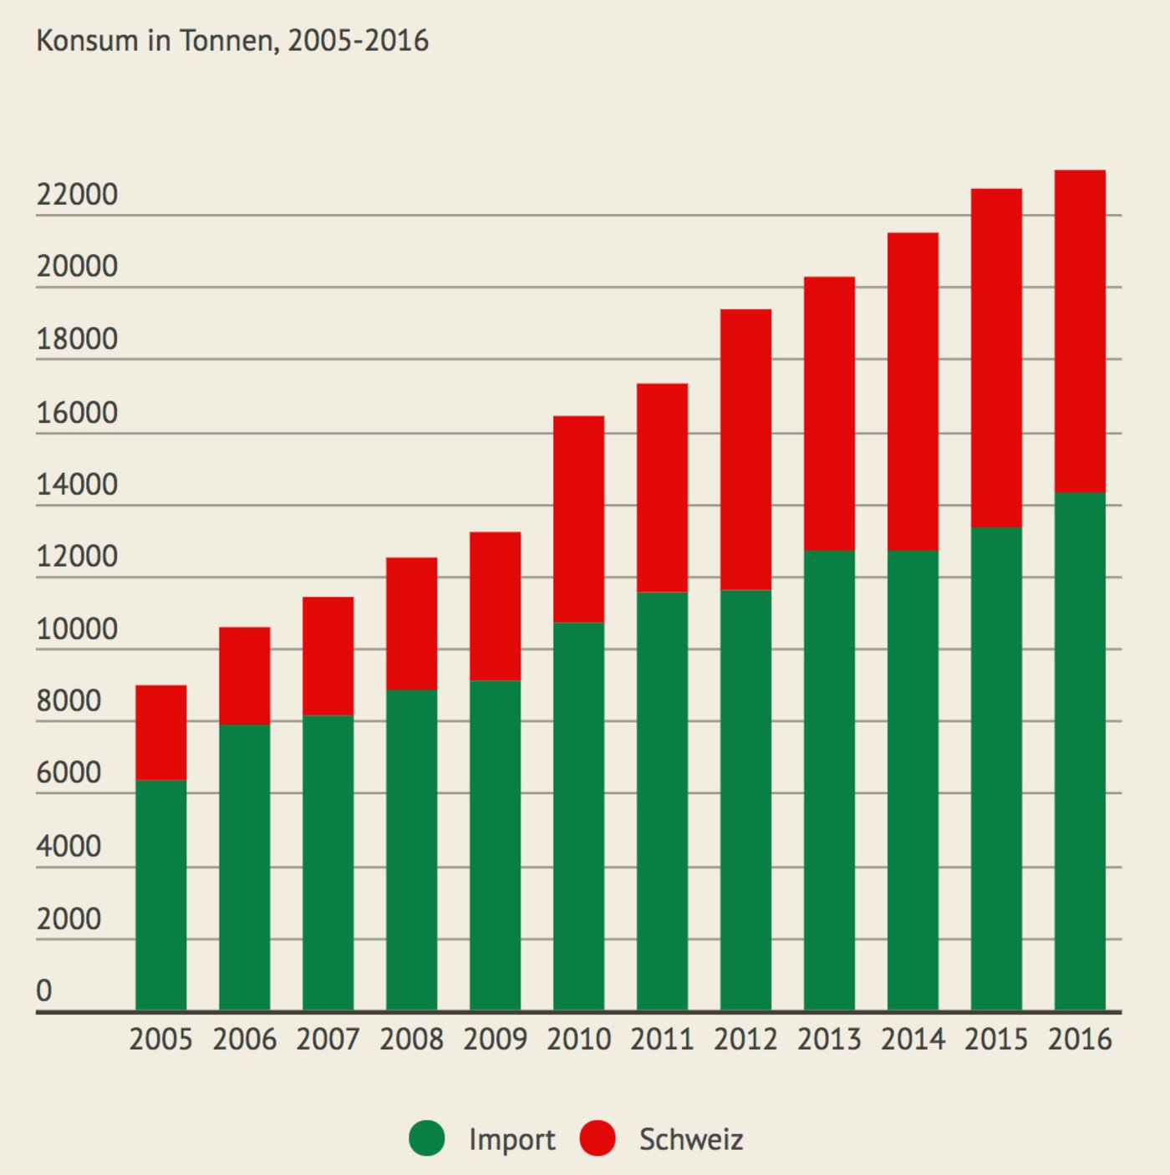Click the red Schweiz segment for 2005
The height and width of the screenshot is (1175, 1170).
pyautogui.click(x=160, y=732)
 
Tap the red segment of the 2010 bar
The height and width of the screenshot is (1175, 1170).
pyautogui.click(x=578, y=518)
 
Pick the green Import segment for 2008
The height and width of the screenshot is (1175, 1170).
pyautogui.click(x=411, y=849)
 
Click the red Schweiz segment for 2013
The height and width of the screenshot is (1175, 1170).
pyautogui.click(x=829, y=413)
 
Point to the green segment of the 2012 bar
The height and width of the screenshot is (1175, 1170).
pyautogui.click(x=745, y=800)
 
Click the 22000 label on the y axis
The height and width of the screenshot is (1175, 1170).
pyautogui.click(x=77, y=195)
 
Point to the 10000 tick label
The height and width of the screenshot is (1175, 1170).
pyautogui.click(x=77, y=629)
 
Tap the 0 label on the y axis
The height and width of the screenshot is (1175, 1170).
pyautogui.click(x=44, y=991)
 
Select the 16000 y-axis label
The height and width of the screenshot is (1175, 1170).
pyautogui.click(x=77, y=413)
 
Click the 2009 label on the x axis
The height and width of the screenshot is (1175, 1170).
pyautogui.click(x=495, y=1040)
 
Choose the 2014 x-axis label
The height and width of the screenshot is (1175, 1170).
pyautogui.click(x=913, y=1040)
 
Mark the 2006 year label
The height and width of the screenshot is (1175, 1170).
pyautogui.click(x=244, y=1040)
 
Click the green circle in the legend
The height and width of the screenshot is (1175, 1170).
pyautogui.click(x=427, y=1138)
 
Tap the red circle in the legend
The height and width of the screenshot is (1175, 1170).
pyautogui.click(x=598, y=1138)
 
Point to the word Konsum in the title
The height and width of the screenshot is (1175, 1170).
pyautogui.click(x=87, y=40)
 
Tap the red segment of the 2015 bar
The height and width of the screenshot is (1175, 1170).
pyautogui.click(x=996, y=358)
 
